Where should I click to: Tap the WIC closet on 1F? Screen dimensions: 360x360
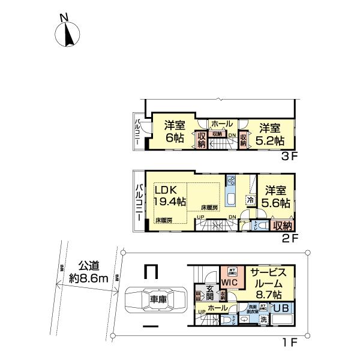229,281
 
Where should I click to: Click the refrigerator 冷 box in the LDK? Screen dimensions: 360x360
250,200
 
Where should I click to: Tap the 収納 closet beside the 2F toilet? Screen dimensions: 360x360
283,226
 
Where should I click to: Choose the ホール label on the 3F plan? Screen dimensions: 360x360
221,124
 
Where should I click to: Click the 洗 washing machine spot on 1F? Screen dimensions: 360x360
263,319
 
